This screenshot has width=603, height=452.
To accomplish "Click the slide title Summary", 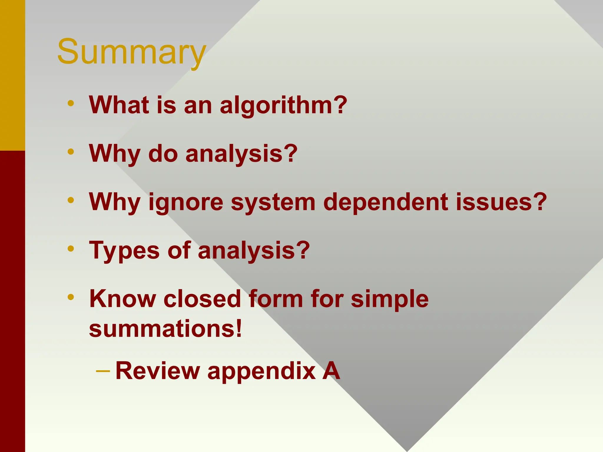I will tap(131, 52).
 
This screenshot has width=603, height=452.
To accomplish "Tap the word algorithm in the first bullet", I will tap(283, 105).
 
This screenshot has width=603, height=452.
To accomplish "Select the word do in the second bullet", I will tap(163, 154).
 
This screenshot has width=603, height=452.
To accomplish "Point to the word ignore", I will tap(186, 202).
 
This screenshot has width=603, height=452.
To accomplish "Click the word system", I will tap(273, 202).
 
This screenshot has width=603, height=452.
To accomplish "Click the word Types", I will tap(125, 251).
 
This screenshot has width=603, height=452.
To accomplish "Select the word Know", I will tap(122, 299).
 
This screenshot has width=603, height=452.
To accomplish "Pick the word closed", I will tap(202, 299).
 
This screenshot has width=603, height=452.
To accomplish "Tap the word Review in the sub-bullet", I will tap(158, 371).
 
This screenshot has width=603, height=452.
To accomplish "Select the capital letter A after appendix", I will tap(331, 371).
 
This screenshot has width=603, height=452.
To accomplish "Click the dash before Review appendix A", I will tap(103, 371).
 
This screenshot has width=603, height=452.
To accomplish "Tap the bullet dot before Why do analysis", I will tap(71, 152).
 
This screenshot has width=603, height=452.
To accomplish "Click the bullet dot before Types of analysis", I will tap(71, 249).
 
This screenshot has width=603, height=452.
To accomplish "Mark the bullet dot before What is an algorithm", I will tap(71, 103).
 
